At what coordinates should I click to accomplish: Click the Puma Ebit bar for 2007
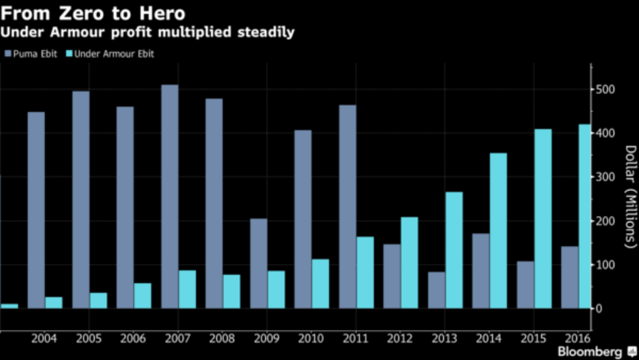tap(170, 196)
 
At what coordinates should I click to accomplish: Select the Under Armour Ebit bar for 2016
tap(584, 216)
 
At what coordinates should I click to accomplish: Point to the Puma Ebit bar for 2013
tap(437, 290)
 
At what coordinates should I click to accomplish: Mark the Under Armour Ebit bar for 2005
tap(98, 300)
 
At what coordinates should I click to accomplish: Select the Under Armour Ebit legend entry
tap(111, 54)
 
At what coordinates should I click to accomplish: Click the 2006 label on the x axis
tap(133, 338)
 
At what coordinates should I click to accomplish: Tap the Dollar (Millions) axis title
tap(629, 196)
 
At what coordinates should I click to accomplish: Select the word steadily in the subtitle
tap(264, 32)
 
